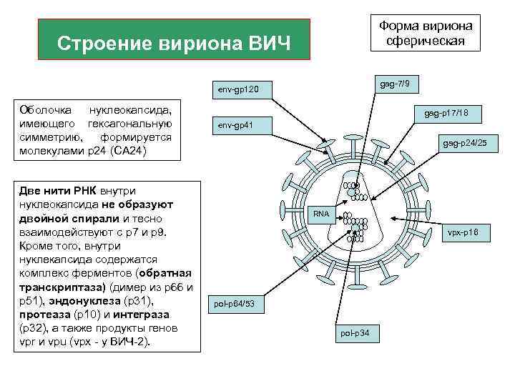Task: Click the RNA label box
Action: pos(321,214)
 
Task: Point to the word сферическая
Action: pos(426,41)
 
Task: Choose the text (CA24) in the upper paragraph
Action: pos(129,152)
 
